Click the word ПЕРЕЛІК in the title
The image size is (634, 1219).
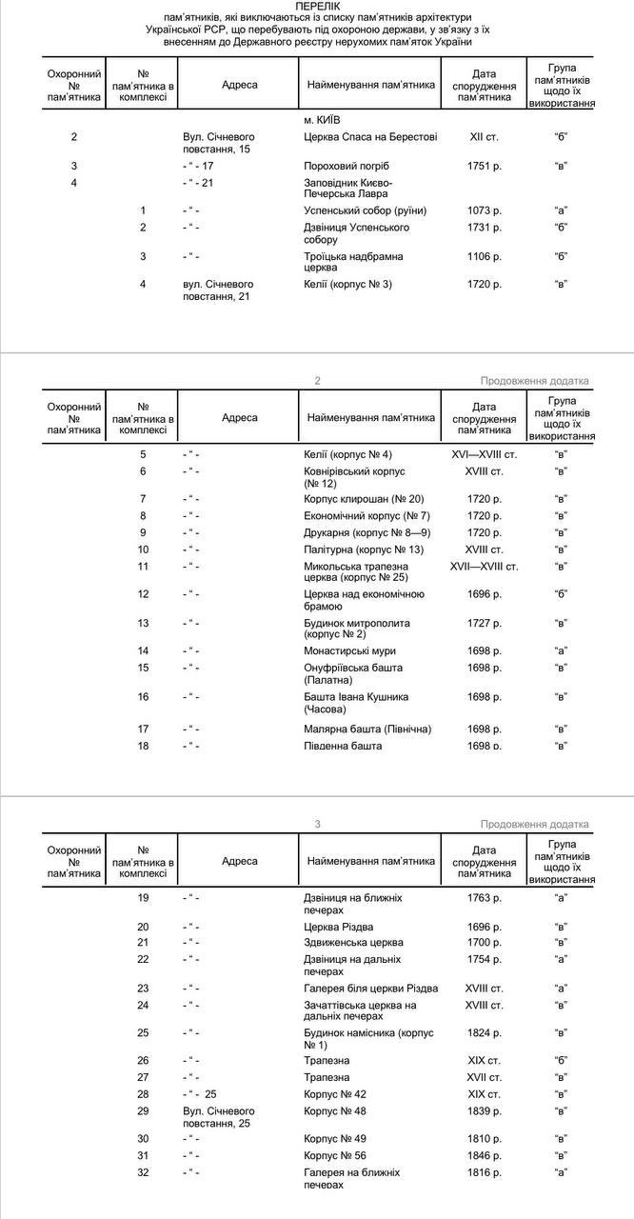(317, 6)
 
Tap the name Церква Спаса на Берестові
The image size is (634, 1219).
(369, 137)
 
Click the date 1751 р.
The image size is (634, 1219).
(485, 166)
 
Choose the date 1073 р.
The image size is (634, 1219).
(485, 210)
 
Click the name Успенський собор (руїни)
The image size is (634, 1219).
(365, 210)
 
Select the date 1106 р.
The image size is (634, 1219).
(485, 256)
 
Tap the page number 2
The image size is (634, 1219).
(317, 381)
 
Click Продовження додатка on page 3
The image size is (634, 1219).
(534, 824)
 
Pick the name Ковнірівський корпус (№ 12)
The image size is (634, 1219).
(354, 477)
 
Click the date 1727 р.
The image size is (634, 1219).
(485, 623)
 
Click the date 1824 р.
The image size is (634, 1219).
(485, 1032)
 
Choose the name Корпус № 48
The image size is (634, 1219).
(335, 1110)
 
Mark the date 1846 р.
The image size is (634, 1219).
(485, 1156)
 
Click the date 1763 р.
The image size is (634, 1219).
(485, 897)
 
